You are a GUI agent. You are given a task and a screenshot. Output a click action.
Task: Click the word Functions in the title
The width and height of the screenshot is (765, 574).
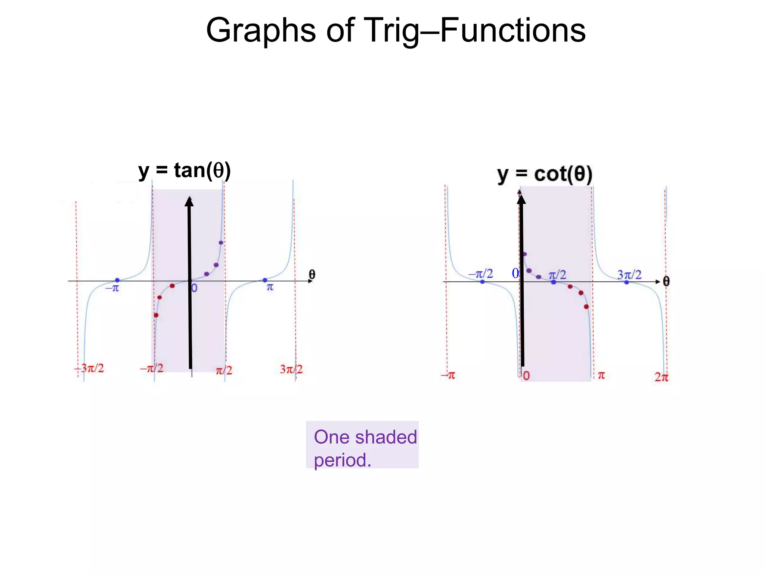512,31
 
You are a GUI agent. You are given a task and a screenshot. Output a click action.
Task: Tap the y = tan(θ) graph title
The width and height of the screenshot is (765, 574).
185,170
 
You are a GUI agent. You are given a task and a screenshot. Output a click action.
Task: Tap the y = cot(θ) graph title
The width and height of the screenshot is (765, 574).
545,174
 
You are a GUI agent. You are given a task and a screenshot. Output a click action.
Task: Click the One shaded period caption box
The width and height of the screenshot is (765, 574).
362,445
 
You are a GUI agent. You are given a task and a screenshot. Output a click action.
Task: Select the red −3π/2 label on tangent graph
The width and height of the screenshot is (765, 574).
90,368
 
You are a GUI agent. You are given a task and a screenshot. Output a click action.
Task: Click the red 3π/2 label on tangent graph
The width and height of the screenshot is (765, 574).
291,369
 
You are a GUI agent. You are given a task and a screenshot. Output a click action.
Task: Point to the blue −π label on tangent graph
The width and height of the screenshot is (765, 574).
112,288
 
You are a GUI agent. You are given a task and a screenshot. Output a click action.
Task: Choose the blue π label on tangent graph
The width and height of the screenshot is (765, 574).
270,287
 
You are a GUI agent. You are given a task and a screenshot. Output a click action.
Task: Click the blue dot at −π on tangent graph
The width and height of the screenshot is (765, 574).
117,280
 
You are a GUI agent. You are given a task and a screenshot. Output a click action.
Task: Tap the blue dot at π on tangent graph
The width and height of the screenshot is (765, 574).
265,280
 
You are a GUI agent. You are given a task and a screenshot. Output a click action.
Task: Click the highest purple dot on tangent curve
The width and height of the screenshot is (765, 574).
221,243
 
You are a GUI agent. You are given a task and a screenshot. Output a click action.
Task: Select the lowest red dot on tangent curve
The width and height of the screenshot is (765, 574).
156,315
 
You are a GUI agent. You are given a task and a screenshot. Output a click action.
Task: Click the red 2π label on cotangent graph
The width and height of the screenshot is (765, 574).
661,377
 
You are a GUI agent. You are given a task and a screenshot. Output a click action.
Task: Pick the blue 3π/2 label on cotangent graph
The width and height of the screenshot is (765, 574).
629,275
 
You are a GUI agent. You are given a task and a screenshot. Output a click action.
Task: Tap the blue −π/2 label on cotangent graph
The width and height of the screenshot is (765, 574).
481,274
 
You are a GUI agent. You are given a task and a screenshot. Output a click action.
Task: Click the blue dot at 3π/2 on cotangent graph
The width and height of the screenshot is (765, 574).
627,282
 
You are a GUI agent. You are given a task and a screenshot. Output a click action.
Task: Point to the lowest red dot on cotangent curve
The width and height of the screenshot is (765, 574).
586,307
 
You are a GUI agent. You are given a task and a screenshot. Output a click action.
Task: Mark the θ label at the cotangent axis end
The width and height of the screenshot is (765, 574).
666,281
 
